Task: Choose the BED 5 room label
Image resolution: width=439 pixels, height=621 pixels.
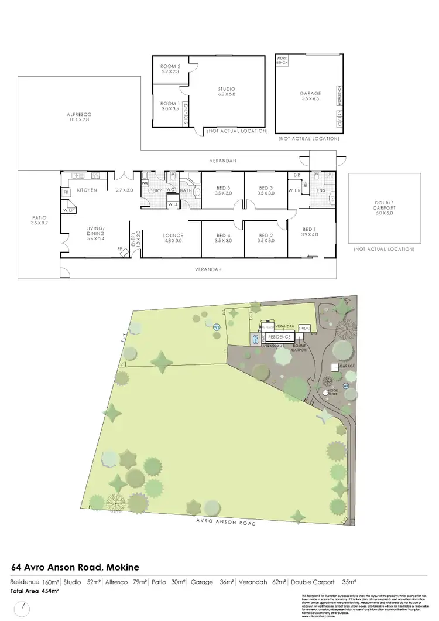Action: pos(223,190)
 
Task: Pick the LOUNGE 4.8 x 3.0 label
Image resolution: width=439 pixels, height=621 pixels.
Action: pos(173,237)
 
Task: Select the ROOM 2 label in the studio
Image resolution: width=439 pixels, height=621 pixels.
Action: pos(170,68)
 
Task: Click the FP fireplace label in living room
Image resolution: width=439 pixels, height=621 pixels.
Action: pos(119,248)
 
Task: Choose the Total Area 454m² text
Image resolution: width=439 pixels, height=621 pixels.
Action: pos(35,591)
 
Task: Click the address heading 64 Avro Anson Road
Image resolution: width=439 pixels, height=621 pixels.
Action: pos(76,567)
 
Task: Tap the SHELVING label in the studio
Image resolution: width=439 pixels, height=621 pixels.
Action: pos(186,113)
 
